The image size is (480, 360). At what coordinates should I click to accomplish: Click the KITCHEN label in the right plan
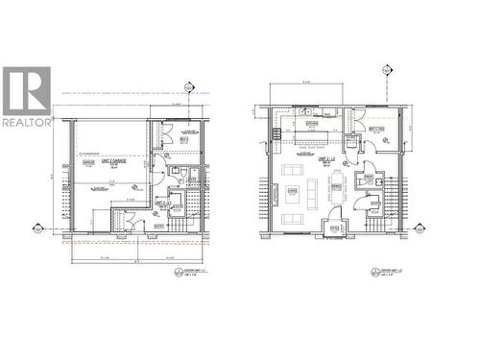point(311,124)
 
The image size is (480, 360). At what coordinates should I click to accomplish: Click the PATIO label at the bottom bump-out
point(336,228)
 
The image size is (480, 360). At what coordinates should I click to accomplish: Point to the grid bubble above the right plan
point(387,70)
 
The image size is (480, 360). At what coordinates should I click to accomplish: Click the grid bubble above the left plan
point(189,88)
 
